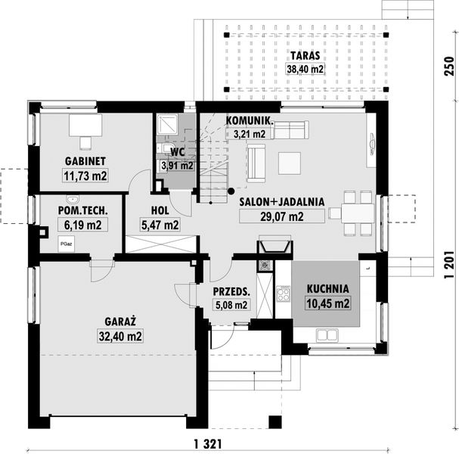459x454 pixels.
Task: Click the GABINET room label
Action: coord(85,161)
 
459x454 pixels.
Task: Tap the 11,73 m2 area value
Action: coord(85,176)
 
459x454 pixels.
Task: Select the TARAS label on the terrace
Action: coord(305,56)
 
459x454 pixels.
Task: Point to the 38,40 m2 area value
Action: coord(305,69)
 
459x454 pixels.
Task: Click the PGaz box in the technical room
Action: coord(66,244)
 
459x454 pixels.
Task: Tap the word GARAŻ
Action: coord(120,322)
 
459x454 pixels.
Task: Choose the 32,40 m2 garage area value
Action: coord(120,336)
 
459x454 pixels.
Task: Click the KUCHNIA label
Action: coord(328,289)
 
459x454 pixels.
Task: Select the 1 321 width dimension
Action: coord(207,444)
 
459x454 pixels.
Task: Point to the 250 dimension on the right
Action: coord(449,66)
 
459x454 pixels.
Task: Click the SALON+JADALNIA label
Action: coord(282,202)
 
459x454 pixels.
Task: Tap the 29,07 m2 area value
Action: coord(282,216)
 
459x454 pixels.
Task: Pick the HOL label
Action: coord(160,210)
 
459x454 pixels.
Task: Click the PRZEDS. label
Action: coord(231,292)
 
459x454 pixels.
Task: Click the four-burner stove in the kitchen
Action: coord(284,294)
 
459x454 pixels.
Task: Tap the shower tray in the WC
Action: coord(167,124)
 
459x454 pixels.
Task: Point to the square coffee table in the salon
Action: coord(290,163)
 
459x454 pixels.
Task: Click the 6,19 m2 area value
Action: coord(83,225)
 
